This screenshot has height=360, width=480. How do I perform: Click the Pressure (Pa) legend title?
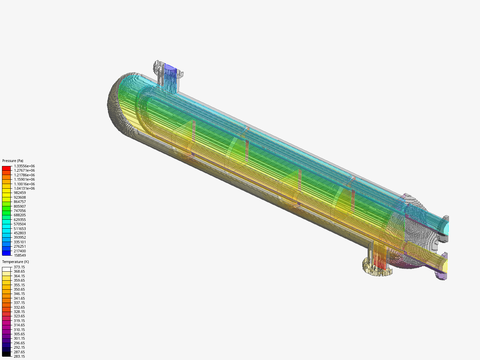[13, 161]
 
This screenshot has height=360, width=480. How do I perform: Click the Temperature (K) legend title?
[15, 262]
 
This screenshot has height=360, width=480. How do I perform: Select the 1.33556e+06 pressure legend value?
[24, 166]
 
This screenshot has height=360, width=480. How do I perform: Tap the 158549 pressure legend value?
[20, 255]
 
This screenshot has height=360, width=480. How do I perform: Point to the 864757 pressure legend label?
[20, 202]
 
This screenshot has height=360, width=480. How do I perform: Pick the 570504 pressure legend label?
[20, 224]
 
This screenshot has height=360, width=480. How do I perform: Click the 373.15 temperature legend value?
[19, 267]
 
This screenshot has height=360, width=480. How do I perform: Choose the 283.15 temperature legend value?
[19, 356]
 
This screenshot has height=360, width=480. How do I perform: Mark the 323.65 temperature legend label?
[19, 316]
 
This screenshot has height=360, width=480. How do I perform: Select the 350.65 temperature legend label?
[19, 289]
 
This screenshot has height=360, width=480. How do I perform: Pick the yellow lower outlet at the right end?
[444, 266]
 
